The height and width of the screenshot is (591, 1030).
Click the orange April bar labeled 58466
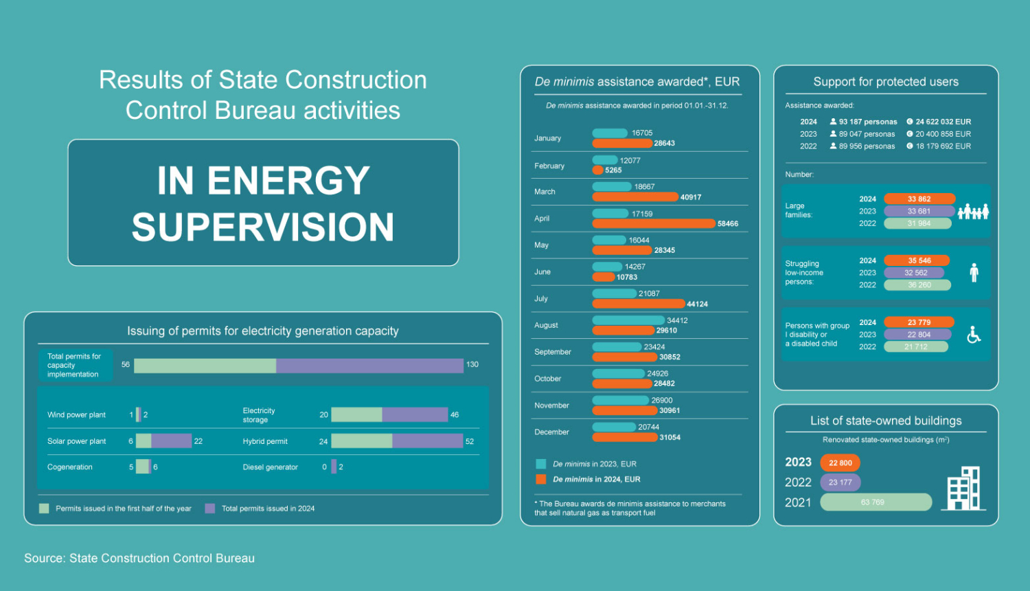653,223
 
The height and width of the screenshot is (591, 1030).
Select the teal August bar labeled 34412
628,320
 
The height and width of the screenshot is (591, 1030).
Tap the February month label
549,166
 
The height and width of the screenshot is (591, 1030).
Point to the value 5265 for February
613,170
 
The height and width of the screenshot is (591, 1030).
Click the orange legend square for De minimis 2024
541,479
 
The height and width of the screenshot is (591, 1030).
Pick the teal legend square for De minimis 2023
541,464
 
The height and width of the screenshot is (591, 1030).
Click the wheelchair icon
974,335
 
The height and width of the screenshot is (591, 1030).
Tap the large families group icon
973,212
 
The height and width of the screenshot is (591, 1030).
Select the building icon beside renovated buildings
965,489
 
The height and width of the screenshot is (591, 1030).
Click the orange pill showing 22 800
840,462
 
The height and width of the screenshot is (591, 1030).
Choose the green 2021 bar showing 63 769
875,502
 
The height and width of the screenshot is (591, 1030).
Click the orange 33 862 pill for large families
919,199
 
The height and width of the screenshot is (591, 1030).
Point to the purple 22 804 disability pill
918,335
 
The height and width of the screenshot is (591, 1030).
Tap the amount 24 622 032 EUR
943,122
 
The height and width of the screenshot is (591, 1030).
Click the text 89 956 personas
867,146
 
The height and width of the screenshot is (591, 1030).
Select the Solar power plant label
77,441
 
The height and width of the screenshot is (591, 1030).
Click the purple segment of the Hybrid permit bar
427,441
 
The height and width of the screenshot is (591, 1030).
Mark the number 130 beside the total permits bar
472,365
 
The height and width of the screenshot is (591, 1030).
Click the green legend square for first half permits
44,509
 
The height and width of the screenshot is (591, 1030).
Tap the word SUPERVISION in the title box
263,227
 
